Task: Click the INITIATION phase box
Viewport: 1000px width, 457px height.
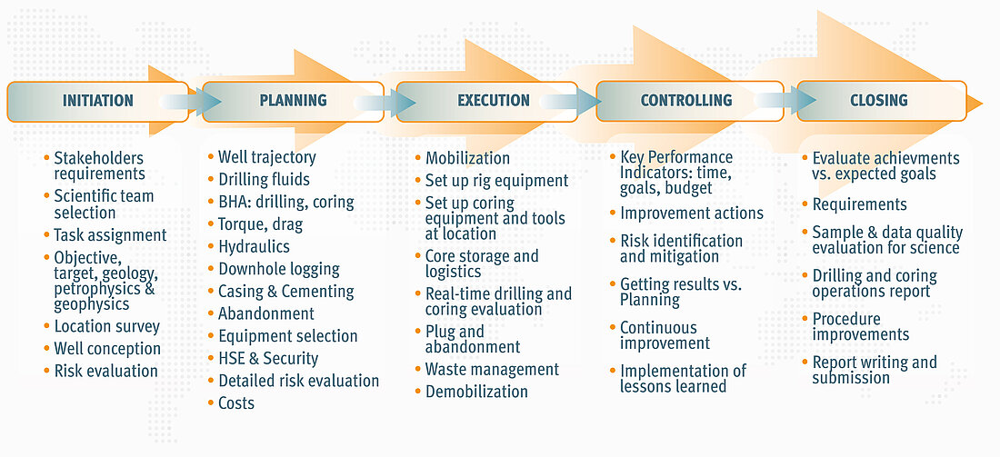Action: pos(97,101)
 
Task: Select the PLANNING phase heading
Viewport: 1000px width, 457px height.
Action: pos(294,101)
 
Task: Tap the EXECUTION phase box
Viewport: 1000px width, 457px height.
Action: pos(487,101)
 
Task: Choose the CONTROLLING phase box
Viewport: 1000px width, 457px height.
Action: pos(689,101)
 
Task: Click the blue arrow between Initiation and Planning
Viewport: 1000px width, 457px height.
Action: pos(190,102)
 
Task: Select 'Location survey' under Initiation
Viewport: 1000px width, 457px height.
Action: pos(107,327)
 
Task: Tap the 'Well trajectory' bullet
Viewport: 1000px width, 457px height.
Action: pos(266,157)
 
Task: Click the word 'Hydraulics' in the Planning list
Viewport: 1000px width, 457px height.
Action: pos(254,246)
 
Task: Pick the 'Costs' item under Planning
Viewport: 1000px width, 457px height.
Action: pos(236,402)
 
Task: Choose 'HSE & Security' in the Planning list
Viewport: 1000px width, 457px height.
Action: pos(268,358)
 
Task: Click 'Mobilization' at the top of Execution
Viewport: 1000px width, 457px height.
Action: pos(467,158)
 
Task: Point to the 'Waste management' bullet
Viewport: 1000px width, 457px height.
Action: pos(492,369)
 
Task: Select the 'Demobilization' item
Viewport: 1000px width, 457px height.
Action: pos(476,392)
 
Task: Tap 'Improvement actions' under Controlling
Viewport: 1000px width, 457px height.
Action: pos(692,213)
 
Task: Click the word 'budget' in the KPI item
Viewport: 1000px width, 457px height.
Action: pos(690,187)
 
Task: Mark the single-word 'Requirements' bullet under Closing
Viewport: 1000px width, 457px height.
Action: pos(860,204)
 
